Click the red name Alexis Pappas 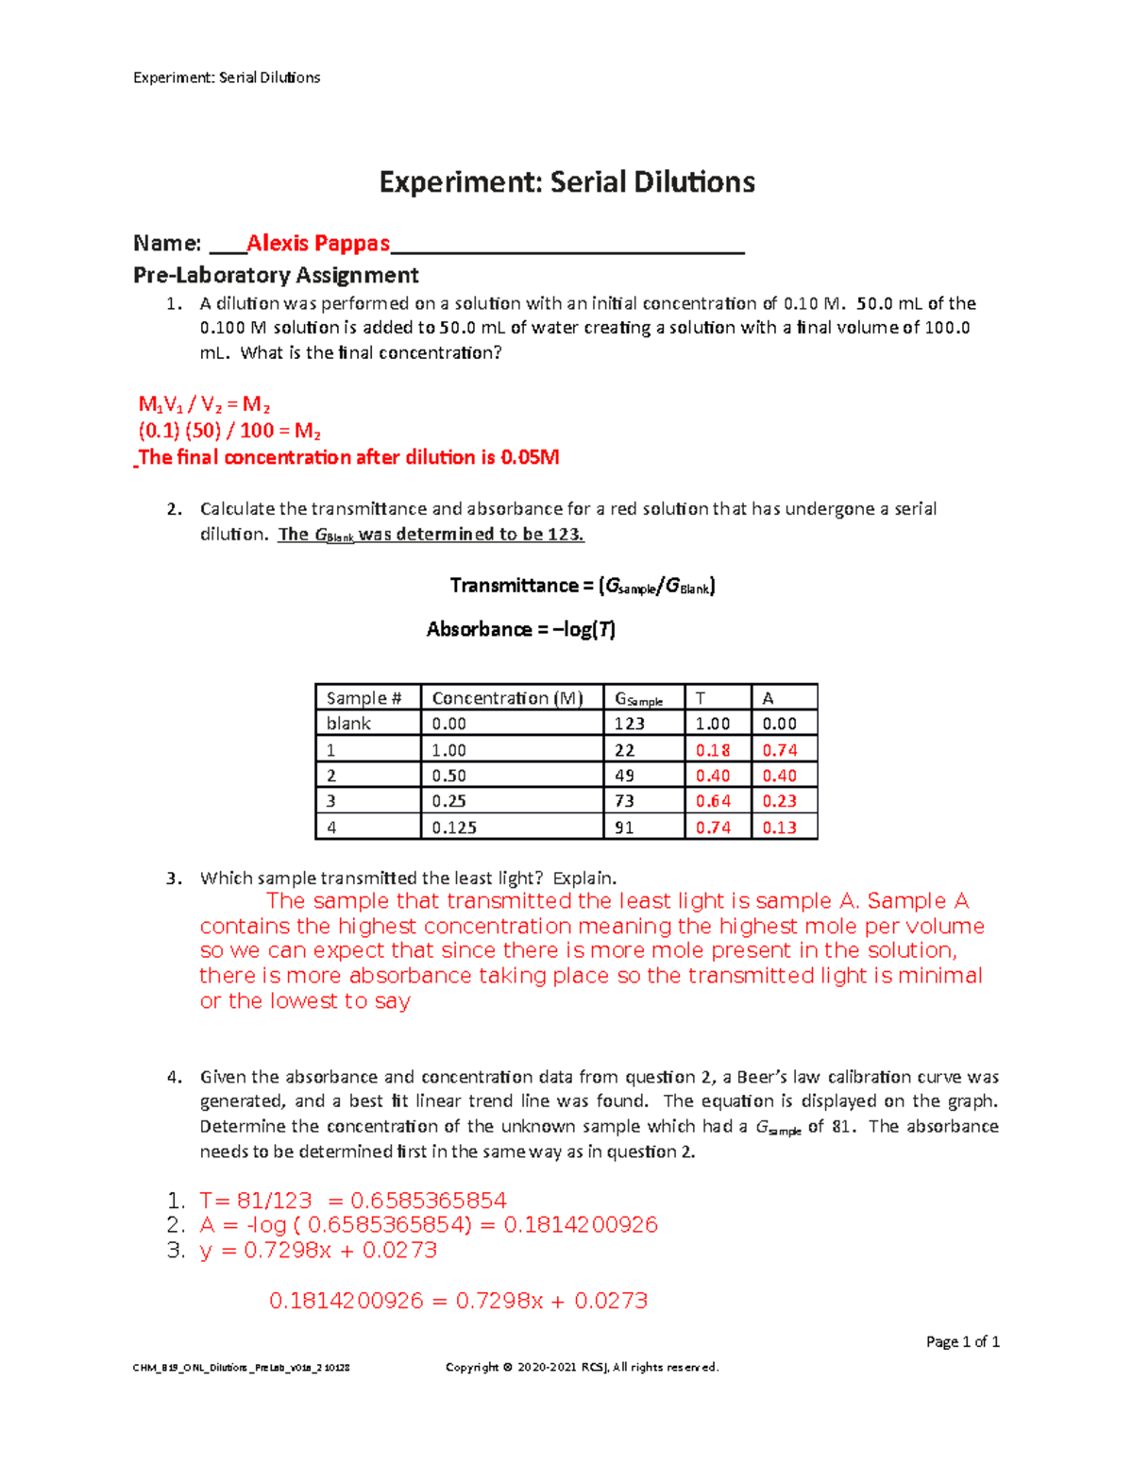click(317, 244)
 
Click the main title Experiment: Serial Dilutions click(566, 182)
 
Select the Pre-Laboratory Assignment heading click(276, 275)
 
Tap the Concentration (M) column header click(507, 698)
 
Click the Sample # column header click(364, 698)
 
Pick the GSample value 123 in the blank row click(629, 724)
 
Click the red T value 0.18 click(713, 750)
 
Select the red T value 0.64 click(713, 801)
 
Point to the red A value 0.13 click(780, 827)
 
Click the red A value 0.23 click(780, 801)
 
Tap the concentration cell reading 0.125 click(454, 827)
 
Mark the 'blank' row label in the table click(348, 724)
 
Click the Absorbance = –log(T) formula click(520, 629)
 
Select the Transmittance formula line click(583, 587)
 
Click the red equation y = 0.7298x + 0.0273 click(318, 1251)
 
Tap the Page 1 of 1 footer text click(962, 1341)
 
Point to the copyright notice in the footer click(582, 1367)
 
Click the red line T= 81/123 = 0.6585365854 click(353, 1201)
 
